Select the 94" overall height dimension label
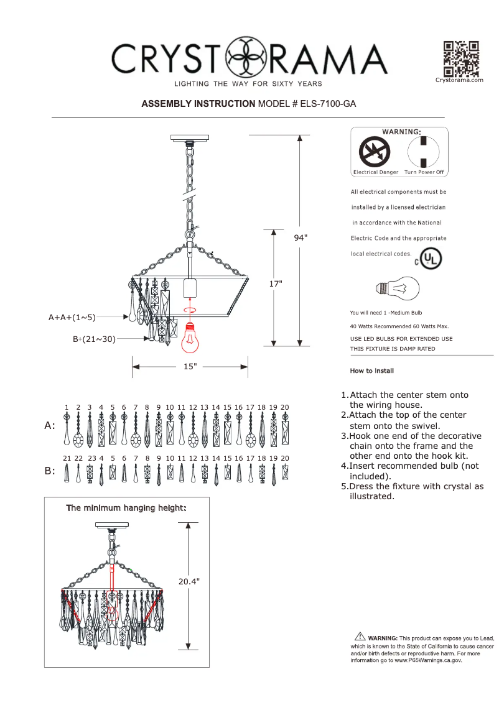click(x=301, y=237)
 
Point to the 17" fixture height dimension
click(x=276, y=283)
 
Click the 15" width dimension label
click(x=190, y=366)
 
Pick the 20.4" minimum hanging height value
click(x=189, y=582)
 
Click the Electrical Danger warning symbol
click(x=374, y=152)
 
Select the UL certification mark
click(x=429, y=259)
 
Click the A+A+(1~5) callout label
click(x=72, y=318)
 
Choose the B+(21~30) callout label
click(x=94, y=339)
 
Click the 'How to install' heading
click(x=371, y=371)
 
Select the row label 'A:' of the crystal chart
click(x=50, y=426)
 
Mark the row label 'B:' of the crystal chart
click(x=50, y=471)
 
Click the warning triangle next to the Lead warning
click(x=360, y=635)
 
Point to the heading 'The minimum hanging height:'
click(x=126, y=508)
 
